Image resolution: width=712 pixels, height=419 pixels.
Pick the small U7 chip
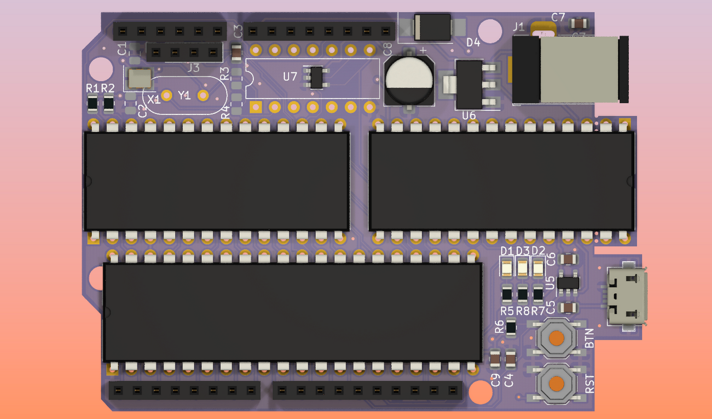pos(316,77)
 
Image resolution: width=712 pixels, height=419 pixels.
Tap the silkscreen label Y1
pos(184,95)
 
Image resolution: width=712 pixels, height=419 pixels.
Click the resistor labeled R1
pos(92,102)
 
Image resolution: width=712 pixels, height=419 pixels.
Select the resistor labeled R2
pos(108,102)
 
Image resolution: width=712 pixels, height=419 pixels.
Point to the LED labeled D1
pos(507,268)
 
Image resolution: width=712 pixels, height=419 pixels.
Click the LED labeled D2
pos(538,268)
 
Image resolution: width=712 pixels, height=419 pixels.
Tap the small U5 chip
pos(570,283)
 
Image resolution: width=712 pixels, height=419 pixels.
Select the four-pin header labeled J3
pos(184,53)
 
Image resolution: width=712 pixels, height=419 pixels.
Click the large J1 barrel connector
pos(569,70)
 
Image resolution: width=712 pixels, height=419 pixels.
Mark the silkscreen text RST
pos(590,383)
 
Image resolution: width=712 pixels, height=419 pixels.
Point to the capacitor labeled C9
pos(495,359)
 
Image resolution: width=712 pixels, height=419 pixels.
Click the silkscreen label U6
pos(469,116)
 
